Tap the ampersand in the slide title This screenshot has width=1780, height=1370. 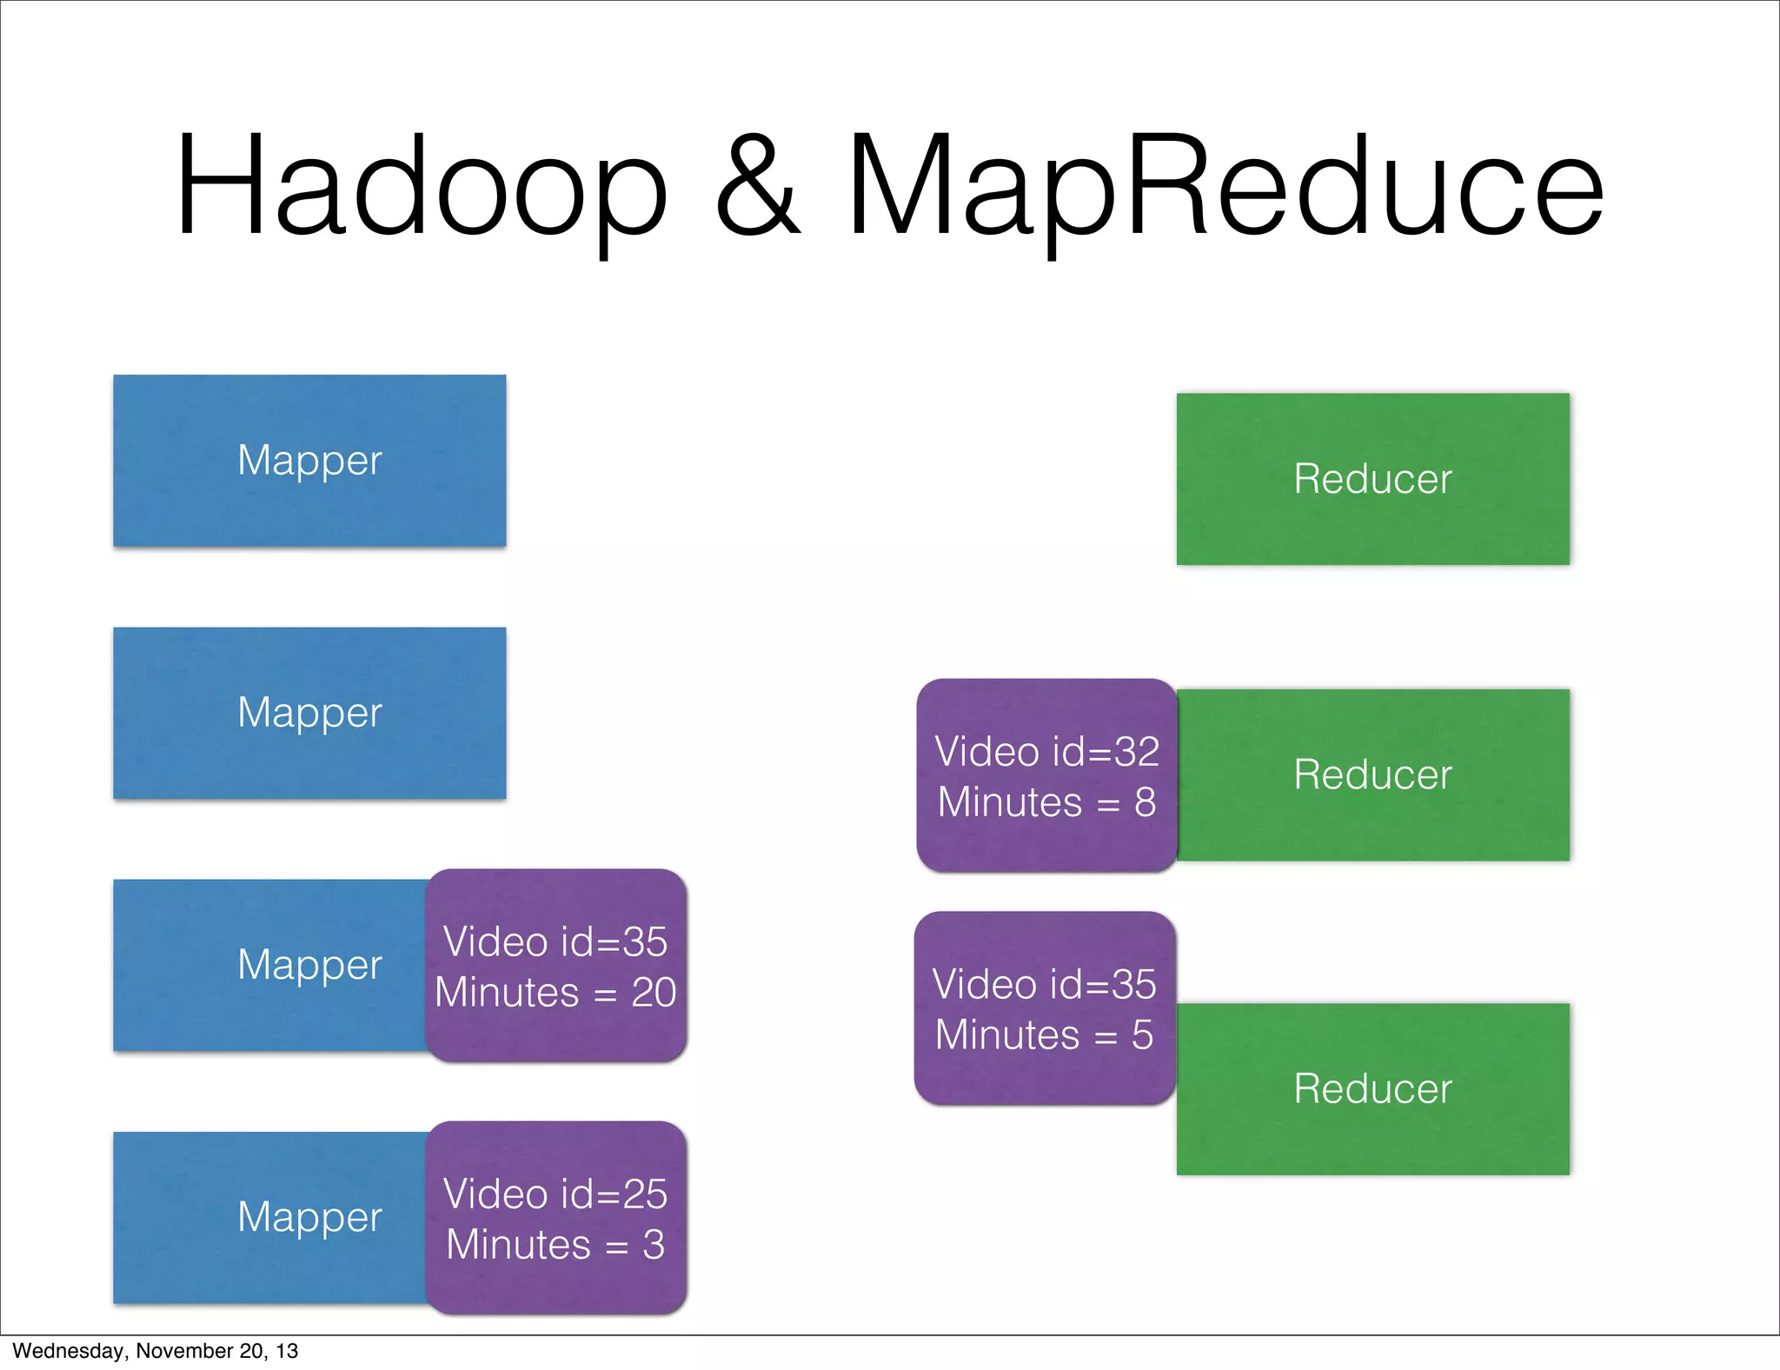pos(756,187)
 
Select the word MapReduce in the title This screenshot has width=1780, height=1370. pos(1224,187)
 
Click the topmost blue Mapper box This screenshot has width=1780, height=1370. pos(309,461)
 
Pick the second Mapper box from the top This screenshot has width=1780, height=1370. pos(309,713)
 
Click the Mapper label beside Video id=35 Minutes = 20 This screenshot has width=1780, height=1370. pos(309,965)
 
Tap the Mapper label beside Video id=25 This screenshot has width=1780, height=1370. pos(309,1217)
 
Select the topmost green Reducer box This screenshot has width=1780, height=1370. pos(1372,479)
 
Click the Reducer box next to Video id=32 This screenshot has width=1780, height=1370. pos(1372,775)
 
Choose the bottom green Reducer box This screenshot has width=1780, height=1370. pos(1372,1089)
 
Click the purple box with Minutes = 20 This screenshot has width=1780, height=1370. pos(556,965)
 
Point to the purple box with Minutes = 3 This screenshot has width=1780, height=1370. pos(556,1217)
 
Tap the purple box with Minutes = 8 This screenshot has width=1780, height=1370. pos(1046,775)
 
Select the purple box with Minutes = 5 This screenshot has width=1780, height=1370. pos(1045,1008)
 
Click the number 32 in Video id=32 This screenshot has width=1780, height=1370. pos(1137,752)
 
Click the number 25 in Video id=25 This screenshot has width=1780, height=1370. pos(644,1194)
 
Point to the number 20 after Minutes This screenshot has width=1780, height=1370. pos(654,993)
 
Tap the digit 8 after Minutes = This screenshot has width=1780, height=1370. pos(1145,802)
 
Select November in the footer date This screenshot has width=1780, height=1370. pos(176,1351)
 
